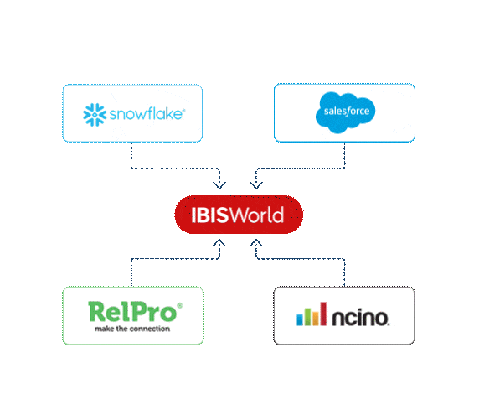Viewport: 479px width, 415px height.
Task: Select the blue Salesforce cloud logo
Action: [344, 112]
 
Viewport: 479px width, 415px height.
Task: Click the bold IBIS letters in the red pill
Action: [200, 215]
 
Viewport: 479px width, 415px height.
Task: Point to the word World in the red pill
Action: [256, 215]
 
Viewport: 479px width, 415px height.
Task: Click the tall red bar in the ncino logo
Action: [322, 314]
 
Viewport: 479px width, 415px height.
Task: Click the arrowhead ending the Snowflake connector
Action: [220, 184]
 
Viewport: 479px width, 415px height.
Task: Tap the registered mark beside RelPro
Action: [179, 307]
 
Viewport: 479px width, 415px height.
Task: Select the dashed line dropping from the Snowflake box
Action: [131, 155]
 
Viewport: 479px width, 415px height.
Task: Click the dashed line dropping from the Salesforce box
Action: [345, 155]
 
